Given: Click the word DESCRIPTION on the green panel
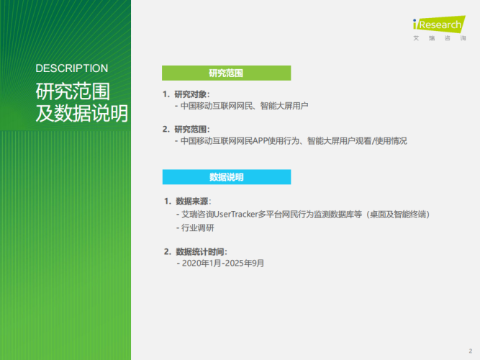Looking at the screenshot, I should point(71,68).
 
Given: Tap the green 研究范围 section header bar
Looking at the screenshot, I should point(226,73).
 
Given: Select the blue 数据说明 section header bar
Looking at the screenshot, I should point(226,177).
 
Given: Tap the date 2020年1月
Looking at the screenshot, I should point(200,264).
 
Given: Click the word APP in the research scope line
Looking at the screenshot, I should point(265,141).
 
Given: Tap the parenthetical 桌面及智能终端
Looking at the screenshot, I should point(397,214).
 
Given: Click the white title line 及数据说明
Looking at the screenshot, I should point(81,114).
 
